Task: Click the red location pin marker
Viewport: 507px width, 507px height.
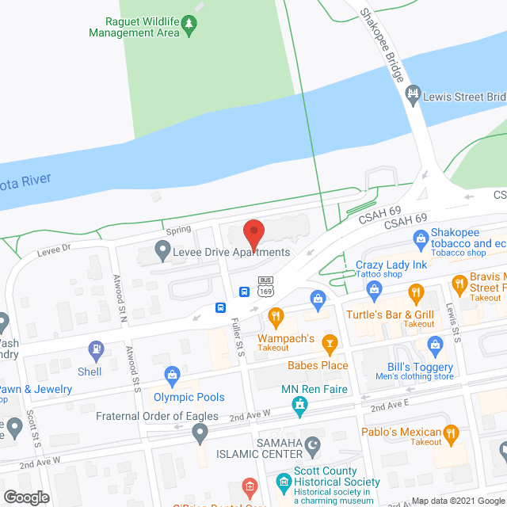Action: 253,234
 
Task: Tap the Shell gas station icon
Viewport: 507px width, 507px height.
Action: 97,348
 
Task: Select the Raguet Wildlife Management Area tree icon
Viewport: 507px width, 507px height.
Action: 189,26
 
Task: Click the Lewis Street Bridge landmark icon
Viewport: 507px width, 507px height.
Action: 412,96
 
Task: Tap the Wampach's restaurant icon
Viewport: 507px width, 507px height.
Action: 276,318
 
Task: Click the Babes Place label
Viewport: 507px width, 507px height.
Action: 317,365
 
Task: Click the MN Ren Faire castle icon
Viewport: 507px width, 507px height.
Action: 299,408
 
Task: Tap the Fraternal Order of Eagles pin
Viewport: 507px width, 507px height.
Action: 200,433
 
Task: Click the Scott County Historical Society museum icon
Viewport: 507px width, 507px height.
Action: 284,482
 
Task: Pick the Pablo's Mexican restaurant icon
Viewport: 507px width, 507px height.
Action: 452,433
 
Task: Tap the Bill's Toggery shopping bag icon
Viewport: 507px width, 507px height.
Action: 434,345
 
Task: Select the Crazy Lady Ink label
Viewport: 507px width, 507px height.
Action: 391,265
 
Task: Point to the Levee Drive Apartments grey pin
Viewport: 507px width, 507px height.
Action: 162,253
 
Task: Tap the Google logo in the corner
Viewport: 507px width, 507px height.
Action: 26,497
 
